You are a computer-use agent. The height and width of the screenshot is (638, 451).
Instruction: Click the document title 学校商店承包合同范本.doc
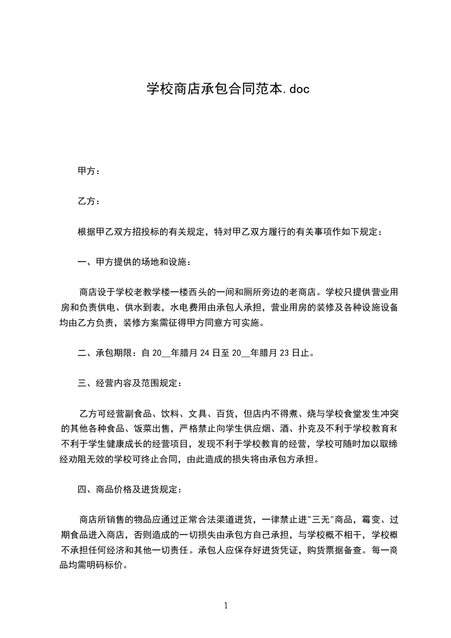click(x=227, y=89)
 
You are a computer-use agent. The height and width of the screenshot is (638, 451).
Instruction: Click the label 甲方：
click(x=89, y=171)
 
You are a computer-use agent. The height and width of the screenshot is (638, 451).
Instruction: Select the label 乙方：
click(x=89, y=201)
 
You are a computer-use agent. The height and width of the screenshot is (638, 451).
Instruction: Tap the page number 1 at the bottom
click(x=226, y=606)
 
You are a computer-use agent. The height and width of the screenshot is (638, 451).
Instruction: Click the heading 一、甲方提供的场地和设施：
click(x=135, y=262)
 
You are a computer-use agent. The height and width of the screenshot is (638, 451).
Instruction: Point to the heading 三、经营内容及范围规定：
click(x=130, y=383)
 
